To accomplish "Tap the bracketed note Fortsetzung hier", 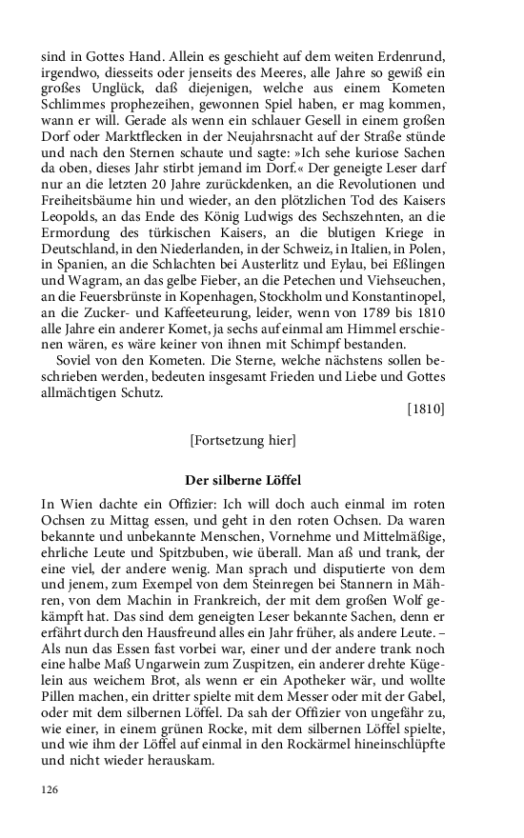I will pos(243,440).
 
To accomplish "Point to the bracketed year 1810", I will pos(426,409).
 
